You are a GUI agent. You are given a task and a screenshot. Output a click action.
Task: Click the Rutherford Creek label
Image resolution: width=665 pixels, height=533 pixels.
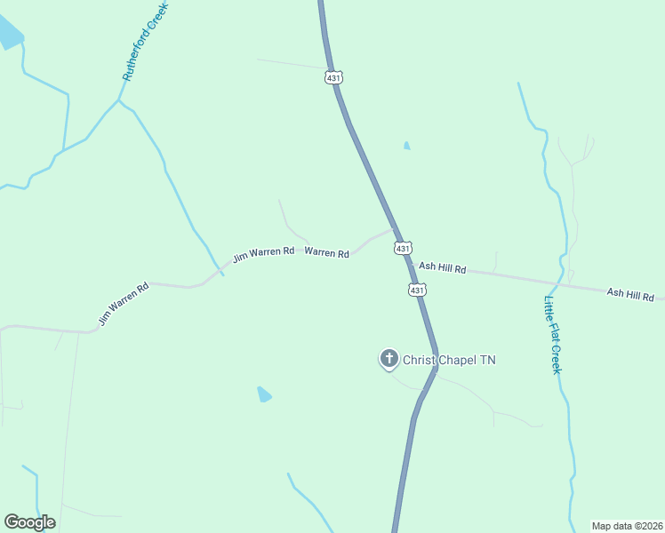[x=146, y=41]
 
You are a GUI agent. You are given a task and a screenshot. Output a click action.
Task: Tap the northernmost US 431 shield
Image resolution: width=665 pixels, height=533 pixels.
[x=333, y=77]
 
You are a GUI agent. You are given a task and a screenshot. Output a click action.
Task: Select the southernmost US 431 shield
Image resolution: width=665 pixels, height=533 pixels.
[x=418, y=290]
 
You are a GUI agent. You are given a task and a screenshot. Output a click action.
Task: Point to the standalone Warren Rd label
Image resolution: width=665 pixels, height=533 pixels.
[x=326, y=253]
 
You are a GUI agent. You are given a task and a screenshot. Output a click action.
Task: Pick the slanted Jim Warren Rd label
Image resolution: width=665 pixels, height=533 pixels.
[x=124, y=305]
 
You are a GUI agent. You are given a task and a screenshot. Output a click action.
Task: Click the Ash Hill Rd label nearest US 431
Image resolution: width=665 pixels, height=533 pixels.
[x=442, y=266]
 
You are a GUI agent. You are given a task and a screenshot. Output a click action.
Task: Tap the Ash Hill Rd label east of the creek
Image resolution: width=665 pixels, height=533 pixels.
[x=630, y=294]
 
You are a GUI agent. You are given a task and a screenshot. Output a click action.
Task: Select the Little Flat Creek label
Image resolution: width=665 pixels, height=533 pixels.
[x=552, y=334]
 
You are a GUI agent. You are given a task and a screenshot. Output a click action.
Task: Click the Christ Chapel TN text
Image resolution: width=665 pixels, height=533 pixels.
[x=449, y=360]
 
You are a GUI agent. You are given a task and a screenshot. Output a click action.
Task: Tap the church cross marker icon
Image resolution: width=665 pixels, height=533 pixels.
[x=389, y=359]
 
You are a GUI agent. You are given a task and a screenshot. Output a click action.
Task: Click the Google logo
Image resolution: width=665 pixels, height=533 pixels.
[x=29, y=522]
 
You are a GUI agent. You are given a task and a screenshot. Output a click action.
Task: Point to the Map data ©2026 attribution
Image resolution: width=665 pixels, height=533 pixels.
[x=627, y=525]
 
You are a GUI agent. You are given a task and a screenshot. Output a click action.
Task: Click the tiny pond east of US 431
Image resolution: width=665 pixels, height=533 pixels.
[x=406, y=145]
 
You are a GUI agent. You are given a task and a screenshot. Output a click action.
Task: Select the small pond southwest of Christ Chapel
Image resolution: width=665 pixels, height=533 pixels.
[x=264, y=394]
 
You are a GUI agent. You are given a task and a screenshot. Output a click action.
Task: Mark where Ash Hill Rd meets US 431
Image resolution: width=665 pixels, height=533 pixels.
[x=411, y=263]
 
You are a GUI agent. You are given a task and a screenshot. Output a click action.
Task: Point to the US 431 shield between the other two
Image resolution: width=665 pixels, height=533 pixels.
[x=402, y=249]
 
